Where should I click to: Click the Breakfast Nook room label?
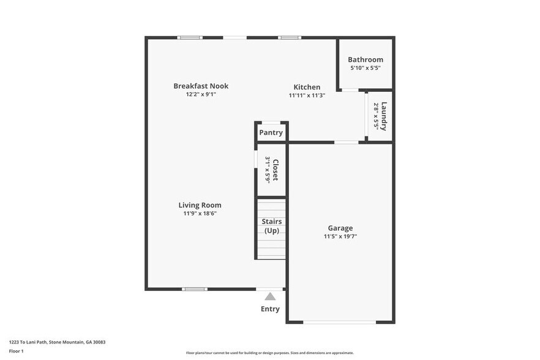click(x=200, y=86)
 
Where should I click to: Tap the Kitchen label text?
click(x=306, y=87)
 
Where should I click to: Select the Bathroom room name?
click(x=366, y=59)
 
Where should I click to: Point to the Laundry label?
click(x=384, y=116)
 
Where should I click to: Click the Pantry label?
click(x=271, y=132)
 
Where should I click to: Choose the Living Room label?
click(x=200, y=205)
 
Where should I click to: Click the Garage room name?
click(x=340, y=228)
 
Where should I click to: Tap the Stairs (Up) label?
click(x=271, y=225)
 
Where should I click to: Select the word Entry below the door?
click(x=270, y=309)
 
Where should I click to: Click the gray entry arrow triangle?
click(x=270, y=296)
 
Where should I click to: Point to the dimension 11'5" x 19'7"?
click(x=340, y=236)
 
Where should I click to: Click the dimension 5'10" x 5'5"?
click(x=366, y=68)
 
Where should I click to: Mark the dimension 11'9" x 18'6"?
click(x=200, y=214)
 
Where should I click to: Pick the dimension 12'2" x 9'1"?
click(x=200, y=95)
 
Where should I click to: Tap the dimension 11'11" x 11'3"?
click(x=306, y=96)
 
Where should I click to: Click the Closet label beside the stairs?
click(x=276, y=170)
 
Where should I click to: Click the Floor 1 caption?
click(x=16, y=351)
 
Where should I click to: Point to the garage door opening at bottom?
click(x=340, y=322)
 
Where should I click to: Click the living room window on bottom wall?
click(x=194, y=289)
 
